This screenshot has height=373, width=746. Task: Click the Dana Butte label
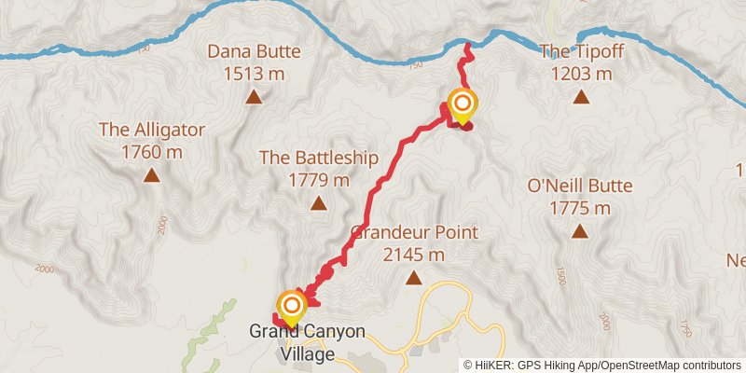pyautogui.click(x=253, y=53)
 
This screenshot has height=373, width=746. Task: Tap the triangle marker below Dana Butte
pyautogui.click(x=253, y=96)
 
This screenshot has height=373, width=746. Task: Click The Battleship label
pyautogui.click(x=319, y=158)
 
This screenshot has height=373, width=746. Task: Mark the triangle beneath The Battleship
pyautogui.click(x=319, y=202)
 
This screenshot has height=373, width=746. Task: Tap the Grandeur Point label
pyautogui.click(x=413, y=232)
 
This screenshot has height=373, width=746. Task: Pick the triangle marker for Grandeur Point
pyautogui.click(x=413, y=276)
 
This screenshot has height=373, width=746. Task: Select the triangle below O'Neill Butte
pyautogui.click(x=580, y=231)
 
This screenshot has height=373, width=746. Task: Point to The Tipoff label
pyautogui.click(x=581, y=52)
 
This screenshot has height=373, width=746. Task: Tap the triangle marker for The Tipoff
pyautogui.click(x=581, y=96)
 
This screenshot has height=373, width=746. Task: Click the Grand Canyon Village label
pyautogui.click(x=306, y=342)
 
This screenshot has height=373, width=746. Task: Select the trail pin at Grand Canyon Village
pyautogui.click(x=292, y=307)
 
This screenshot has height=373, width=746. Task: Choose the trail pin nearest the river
pyautogui.click(x=461, y=104)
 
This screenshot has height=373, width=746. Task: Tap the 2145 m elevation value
pyautogui.click(x=413, y=253)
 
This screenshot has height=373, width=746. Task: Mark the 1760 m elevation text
pyautogui.click(x=151, y=150)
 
